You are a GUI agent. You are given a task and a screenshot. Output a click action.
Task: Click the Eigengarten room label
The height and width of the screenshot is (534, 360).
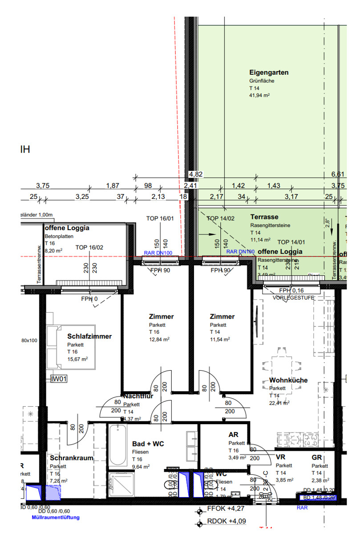(269, 72)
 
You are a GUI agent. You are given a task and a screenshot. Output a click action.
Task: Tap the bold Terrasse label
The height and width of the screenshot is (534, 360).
(264, 217)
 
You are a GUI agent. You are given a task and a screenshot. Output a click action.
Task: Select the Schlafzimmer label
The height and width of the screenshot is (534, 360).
(89, 336)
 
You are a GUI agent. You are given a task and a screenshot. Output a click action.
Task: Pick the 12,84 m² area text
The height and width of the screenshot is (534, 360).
(159, 339)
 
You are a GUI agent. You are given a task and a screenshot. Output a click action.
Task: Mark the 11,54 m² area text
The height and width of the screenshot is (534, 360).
(220, 339)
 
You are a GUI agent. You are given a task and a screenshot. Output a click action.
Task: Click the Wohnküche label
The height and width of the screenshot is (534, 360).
(288, 380)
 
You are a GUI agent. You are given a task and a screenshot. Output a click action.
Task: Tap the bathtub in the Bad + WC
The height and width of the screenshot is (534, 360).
(117, 445)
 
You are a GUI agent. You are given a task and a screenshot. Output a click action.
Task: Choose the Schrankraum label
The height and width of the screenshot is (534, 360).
(72, 458)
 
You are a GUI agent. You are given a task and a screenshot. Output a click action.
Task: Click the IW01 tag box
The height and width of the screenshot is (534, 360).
(59, 379)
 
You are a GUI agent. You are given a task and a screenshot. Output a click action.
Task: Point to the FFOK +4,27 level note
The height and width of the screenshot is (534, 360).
(226, 509)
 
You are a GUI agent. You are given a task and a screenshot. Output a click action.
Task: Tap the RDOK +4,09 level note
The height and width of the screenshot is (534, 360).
(227, 522)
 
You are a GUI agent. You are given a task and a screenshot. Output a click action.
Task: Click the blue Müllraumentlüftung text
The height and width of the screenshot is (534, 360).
(55, 518)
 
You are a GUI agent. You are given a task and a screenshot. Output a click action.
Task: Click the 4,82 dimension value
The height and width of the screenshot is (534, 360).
(196, 174)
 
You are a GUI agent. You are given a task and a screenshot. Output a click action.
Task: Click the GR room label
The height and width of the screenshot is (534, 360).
(316, 457)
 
